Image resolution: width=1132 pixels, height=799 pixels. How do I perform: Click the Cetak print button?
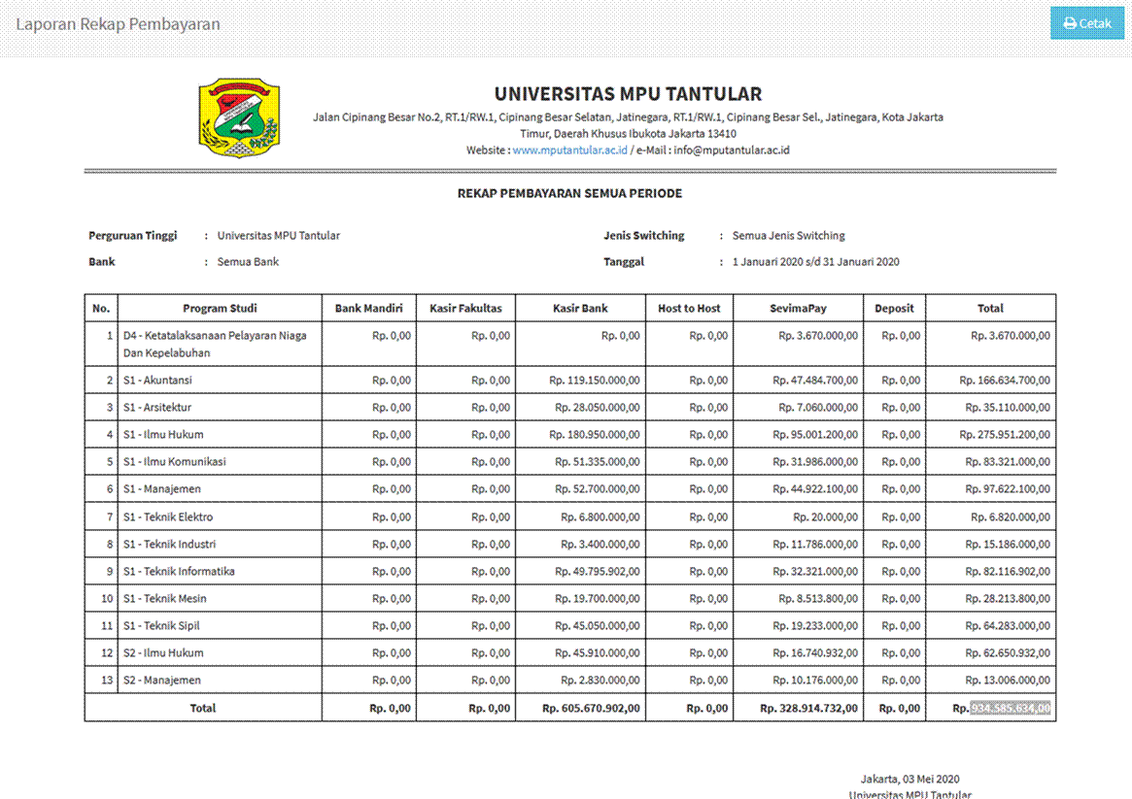pos(1087,23)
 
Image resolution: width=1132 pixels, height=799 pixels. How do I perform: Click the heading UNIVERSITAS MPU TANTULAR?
pos(628,94)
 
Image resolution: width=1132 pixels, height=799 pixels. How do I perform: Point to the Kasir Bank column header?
pos(580,309)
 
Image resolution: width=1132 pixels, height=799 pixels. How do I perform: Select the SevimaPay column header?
pos(798,309)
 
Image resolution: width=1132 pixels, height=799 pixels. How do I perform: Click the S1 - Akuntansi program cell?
pos(157,381)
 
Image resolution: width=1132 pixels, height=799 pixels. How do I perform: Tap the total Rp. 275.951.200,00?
pos(1004,435)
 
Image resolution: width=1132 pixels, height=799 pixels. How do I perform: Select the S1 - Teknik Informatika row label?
pos(179,571)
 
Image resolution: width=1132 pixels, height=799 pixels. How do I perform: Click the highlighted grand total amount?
pos(1011,709)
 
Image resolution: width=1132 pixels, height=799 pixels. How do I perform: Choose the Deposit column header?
pos(894,309)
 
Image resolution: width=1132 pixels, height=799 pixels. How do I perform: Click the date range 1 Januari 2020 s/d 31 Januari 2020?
pos(815,262)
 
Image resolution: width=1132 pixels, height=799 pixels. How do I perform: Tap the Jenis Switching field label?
pos(643,236)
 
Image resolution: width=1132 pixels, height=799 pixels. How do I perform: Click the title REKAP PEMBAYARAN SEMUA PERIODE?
pos(569,194)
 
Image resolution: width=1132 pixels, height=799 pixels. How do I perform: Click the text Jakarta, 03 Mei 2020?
pos(909,779)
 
